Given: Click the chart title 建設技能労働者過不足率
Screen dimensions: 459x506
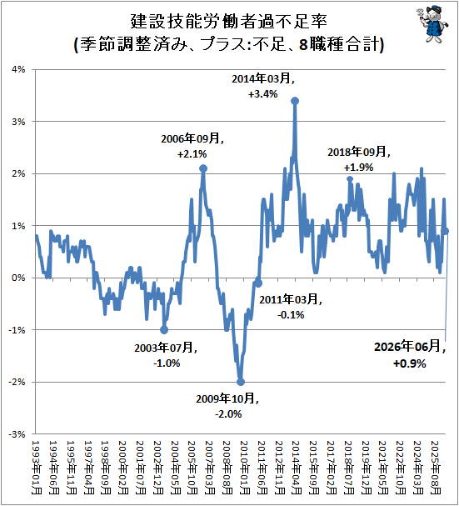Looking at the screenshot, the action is pos(229,22).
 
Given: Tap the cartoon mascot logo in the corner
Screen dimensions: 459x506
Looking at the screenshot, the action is pos(432,24).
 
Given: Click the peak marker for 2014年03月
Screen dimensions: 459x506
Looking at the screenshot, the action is pos(295,101).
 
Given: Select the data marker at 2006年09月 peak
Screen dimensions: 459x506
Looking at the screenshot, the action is pos(203,168).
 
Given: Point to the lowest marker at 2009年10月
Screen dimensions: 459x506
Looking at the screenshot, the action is pos(241,382).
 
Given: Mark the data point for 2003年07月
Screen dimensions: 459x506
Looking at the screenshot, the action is pos(164,330).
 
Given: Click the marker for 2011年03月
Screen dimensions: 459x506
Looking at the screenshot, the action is pos(259,283).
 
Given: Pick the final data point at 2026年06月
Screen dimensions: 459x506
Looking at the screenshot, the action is pos(446,231).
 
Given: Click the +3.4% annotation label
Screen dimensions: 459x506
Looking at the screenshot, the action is pos(263,94).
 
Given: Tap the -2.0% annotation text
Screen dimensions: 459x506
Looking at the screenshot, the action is pos(228,414).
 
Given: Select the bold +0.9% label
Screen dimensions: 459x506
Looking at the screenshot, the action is pos(410,363).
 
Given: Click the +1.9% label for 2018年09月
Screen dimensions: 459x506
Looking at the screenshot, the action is pos(358,168).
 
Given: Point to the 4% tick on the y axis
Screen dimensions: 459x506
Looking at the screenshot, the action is pos(18,69).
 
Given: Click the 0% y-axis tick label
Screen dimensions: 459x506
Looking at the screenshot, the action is pos(18,278).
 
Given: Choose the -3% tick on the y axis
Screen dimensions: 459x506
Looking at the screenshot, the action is pos(17,434).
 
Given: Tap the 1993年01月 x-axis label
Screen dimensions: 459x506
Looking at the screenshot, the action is pos(37,468).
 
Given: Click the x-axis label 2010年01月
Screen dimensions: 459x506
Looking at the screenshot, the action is pos(245,468).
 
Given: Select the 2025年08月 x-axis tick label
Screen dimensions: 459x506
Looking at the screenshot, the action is pos(436,468).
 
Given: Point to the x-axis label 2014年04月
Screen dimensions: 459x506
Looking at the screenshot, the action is pos(297,468).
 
